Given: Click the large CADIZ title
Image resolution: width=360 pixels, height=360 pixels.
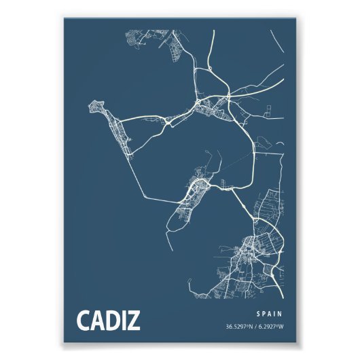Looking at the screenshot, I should pyautogui.click(x=108, y=320).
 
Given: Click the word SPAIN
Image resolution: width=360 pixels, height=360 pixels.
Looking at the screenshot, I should pyautogui.click(x=270, y=314).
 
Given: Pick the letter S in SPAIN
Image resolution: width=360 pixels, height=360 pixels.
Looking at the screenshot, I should pyautogui.click(x=259, y=314).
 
